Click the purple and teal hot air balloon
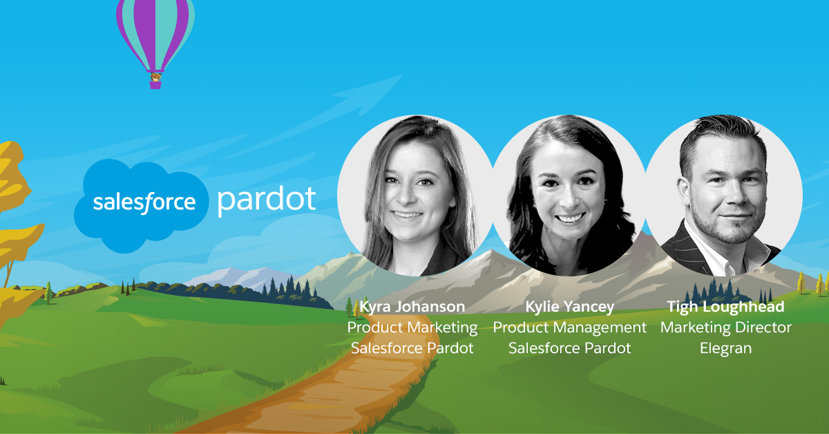(x=155, y=41)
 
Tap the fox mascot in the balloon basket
(x=155, y=77)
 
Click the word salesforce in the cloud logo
(x=144, y=202)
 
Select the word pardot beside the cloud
(x=267, y=200)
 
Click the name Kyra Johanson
(x=412, y=307)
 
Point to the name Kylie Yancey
(x=569, y=307)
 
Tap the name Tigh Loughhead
(x=726, y=307)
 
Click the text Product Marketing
(x=412, y=328)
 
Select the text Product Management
(x=569, y=328)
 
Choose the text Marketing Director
(x=726, y=328)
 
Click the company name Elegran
(x=726, y=348)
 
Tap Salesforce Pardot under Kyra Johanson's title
(x=412, y=348)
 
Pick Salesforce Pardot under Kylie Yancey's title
(x=569, y=348)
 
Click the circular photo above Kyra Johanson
(x=416, y=196)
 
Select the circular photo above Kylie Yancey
(x=569, y=196)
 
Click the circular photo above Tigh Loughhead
(x=723, y=196)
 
